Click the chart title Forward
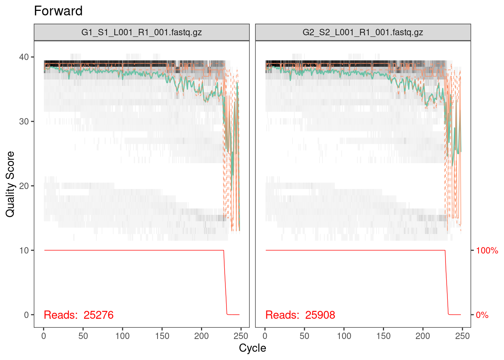(x=58, y=11)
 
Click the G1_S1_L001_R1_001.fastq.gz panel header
(x=141, y=32)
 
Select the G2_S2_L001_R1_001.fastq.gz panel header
(x=363, y=32)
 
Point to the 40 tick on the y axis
(x=24, y=57)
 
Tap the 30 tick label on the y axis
(x=24, y=121)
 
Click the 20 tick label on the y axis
(x=24, y=186)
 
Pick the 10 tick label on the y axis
(x=24, y=250)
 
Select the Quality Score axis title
(x=10, y=184)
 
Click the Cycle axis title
(x=252, y=348)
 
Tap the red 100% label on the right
(x=487, y=250)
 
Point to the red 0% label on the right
(x=482, y=315)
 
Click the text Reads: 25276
(x=78, y=315)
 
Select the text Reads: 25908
(x=300, y=315)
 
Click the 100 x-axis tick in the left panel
(x=123, y=336)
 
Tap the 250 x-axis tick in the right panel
(x=462, y=336)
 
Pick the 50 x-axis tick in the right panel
(x=304, y=336)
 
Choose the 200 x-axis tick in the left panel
(x=201, y=336)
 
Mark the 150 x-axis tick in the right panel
(x=383, y=336)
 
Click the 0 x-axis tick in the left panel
(x=44, y=336)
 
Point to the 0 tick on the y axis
(x=26, y=315)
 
